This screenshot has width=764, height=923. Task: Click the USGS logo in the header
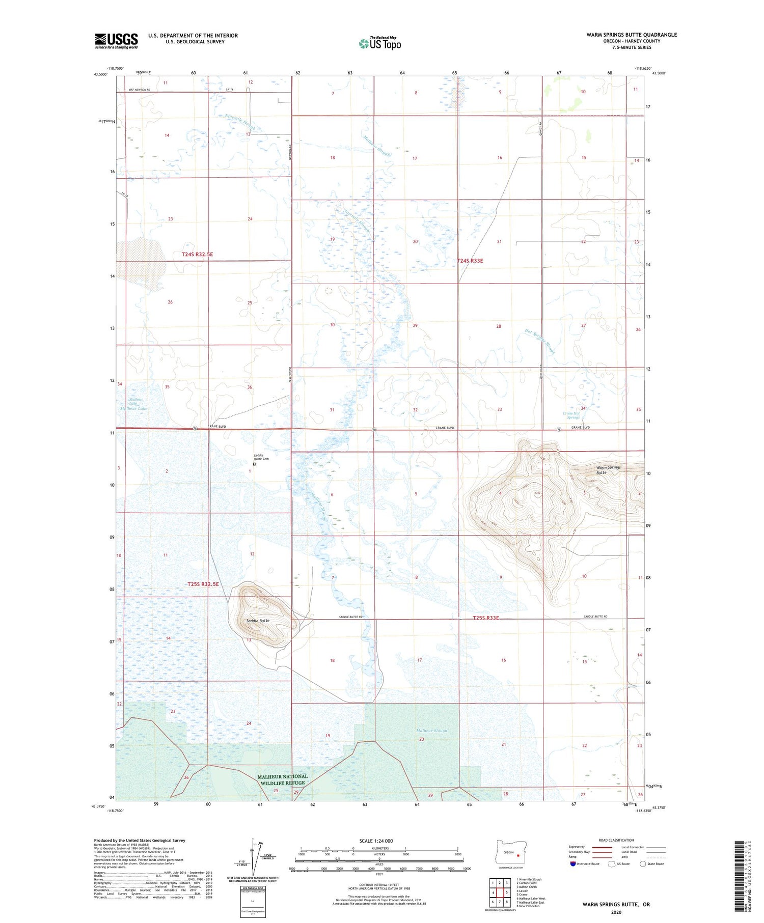point(116,41)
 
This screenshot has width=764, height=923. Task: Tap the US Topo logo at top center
point(379,44)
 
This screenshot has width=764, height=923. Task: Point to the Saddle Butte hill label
point(258,621)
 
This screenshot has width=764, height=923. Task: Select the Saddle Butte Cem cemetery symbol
point(254,464)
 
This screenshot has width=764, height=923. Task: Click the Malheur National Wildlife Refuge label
point(282,779)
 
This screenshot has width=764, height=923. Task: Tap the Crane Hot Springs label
point(571,415)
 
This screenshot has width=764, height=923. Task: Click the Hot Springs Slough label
point(540,341)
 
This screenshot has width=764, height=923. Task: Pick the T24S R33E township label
point(470,261)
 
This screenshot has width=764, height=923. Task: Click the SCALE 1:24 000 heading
point(376,841)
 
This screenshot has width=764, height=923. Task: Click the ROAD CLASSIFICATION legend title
point(616,840)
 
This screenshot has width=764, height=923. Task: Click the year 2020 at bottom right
point(616,912)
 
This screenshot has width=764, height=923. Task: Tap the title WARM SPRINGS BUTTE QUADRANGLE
point(632,35)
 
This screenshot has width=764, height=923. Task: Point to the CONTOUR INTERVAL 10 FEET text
point(379,885)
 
